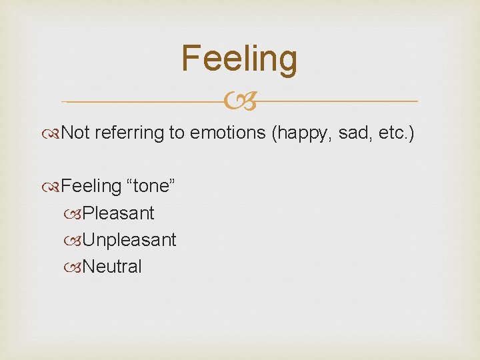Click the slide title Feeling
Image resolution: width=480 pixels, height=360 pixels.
(x=239, y=59)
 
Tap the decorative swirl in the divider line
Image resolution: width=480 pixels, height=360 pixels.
(x=239, y=102)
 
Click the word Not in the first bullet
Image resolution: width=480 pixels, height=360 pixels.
(x=75, y=133)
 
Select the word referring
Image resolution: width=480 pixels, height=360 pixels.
(x=129, y=133)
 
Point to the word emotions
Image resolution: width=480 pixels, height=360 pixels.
(x=228, y=133)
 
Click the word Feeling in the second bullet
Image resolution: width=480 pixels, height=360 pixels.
(x=87, y=186)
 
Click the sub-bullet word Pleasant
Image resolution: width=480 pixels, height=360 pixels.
(x=118, y=213)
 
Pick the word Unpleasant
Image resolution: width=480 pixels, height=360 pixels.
(x=129, y=240)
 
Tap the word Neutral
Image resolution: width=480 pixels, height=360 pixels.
(x=112, y=267)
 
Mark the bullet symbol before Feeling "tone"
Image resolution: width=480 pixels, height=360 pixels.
(x=55, y=187)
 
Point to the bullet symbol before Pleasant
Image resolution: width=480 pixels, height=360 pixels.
(x=76, y=214)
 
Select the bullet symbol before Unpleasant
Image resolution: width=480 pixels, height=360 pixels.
(x=76, y=241)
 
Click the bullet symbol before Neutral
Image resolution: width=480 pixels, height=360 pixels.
(x=76, y=267)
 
